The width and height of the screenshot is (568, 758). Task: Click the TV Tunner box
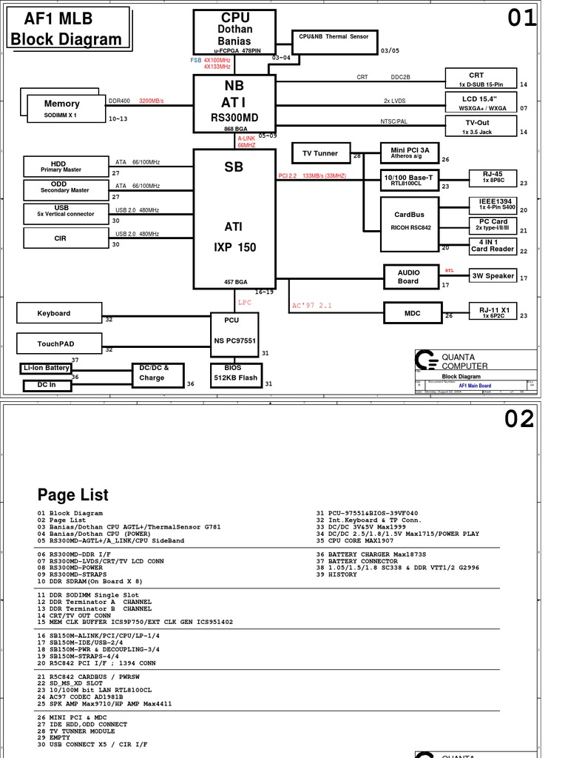coord(320,153)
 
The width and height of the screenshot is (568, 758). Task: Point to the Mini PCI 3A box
coord(410,153)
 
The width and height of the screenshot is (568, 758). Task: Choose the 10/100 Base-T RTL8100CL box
coord(410,179)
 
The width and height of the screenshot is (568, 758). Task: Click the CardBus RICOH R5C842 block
coord(410,219)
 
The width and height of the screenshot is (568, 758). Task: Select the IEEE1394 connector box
coord(494,204)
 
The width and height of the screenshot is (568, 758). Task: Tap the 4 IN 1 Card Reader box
coord(493,246)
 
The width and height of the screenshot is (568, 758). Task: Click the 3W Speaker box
coord(493,276)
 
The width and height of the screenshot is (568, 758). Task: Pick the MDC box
coord(412,313)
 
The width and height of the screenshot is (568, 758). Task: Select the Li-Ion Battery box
coord(46,368)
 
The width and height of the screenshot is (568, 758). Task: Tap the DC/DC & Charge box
coord(157,373)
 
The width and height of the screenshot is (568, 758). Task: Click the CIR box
coord(61,238)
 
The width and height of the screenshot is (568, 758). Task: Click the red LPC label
coord(245,303)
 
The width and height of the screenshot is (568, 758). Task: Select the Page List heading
coord(73,494)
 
